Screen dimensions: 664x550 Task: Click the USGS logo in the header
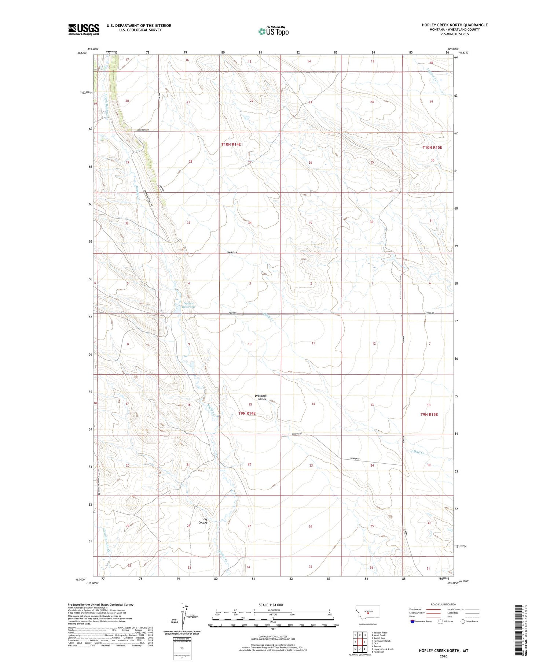84,29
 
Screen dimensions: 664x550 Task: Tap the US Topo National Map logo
274,31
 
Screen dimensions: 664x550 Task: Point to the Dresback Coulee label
262,397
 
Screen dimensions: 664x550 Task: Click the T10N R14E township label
231,144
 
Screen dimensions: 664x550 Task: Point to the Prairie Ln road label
232,252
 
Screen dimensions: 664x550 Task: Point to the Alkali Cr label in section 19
417,453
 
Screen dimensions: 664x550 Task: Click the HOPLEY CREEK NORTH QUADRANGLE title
454,25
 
